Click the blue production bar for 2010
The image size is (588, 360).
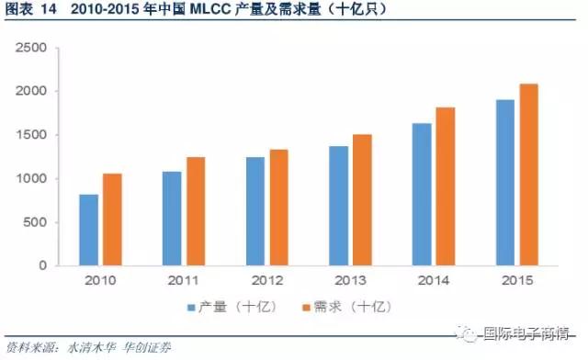(x=88, y=230)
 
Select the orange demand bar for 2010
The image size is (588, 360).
(x=112, y=219)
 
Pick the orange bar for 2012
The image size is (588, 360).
(x=279, y=208)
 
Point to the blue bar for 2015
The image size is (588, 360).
(x=505, y=183)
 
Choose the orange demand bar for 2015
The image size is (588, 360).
(x=528, y=174)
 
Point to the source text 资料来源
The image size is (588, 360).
(x=31, y=348)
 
